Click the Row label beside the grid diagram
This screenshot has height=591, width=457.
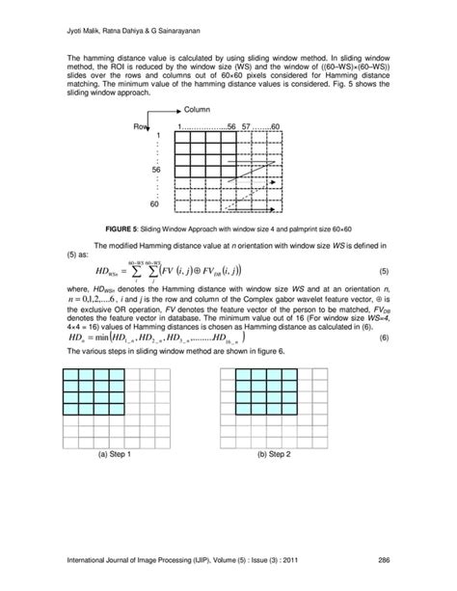[x=143, y=127]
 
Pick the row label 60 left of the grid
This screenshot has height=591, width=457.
[x=155, y=205]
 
